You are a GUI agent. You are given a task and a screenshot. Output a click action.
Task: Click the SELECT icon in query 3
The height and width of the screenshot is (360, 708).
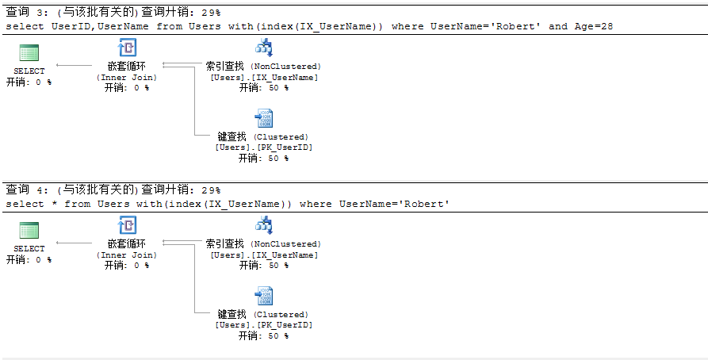[29, 54]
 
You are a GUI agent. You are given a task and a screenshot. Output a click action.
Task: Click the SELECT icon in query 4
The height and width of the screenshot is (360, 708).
[29, 232]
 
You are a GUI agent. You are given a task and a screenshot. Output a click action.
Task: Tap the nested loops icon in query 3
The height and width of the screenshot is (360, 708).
[128, 48]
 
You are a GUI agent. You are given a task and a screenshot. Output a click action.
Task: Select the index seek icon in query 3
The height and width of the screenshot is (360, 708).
[263, 48]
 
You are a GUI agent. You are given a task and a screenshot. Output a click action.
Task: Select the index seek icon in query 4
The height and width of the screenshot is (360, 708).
[263, 226]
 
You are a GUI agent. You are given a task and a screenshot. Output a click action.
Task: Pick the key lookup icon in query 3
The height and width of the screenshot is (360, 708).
[263, 119]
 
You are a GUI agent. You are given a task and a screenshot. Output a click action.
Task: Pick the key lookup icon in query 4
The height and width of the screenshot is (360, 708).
[263, 297]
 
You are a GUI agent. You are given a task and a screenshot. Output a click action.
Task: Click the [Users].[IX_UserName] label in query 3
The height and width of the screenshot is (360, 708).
[264, 77]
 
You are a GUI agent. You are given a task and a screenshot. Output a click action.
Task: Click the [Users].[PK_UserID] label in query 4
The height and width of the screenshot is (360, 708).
[264, 325]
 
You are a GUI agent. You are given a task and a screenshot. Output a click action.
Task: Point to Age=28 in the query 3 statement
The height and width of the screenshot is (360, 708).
[594, 26]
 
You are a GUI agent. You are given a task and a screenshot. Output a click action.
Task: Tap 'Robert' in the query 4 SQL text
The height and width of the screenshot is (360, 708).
[427, 204]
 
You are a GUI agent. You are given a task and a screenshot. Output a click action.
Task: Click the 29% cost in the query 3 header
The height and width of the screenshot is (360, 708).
[211, 13]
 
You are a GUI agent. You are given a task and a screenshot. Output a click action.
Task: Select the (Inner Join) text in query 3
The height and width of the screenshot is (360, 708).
[127, 77]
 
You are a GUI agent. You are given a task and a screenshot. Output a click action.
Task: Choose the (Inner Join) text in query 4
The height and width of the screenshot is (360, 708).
[127, 255]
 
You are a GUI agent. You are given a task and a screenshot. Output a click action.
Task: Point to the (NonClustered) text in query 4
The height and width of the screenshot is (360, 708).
[285, 244]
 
